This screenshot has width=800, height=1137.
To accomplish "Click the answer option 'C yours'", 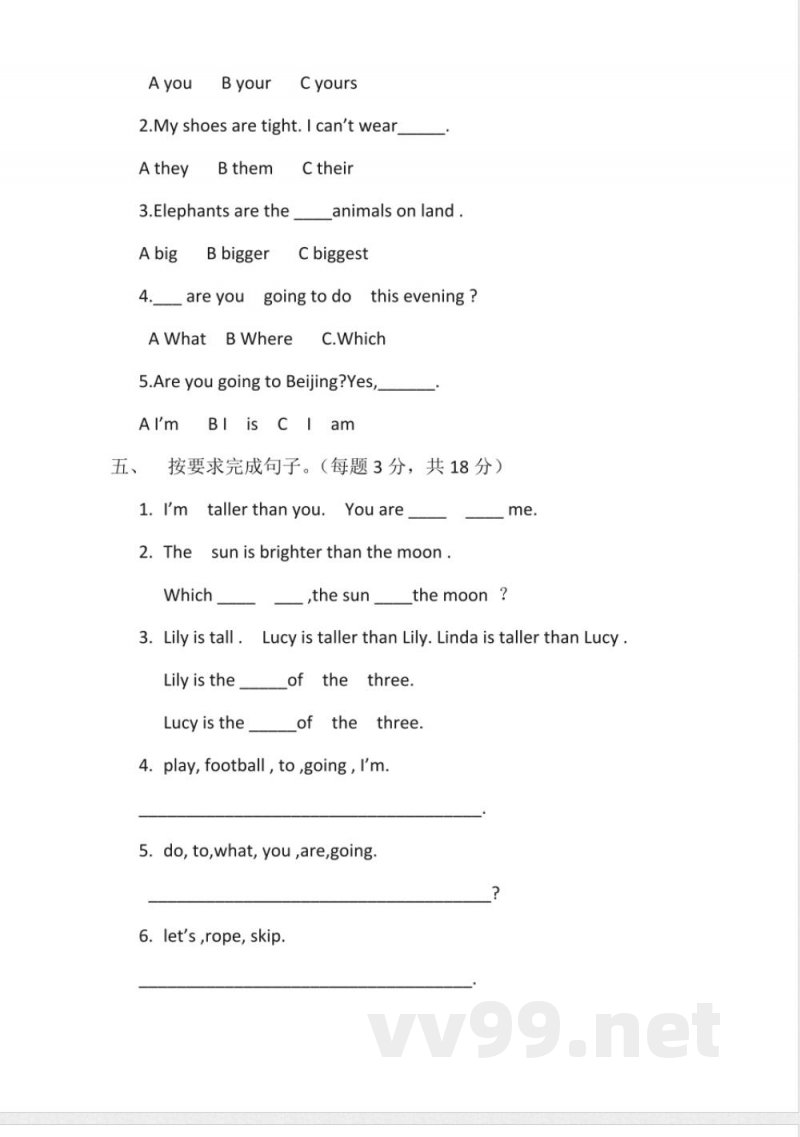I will tap(328, 83).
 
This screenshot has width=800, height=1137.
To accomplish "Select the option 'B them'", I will tap(245, 168).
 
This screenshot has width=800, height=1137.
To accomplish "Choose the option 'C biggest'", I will tap(333, 254).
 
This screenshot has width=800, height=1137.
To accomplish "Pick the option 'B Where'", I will tap(259, 339).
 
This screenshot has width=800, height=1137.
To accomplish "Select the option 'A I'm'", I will tap(159, 424).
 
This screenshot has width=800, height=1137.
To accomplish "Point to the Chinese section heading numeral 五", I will tap(119, 466).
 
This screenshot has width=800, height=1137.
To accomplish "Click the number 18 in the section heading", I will tap(459, 466).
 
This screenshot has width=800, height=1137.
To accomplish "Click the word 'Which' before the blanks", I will tap(188, 595).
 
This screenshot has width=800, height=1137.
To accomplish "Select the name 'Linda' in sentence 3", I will tap(459, 637).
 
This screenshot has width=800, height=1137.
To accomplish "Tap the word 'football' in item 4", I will tap(235, 766).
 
